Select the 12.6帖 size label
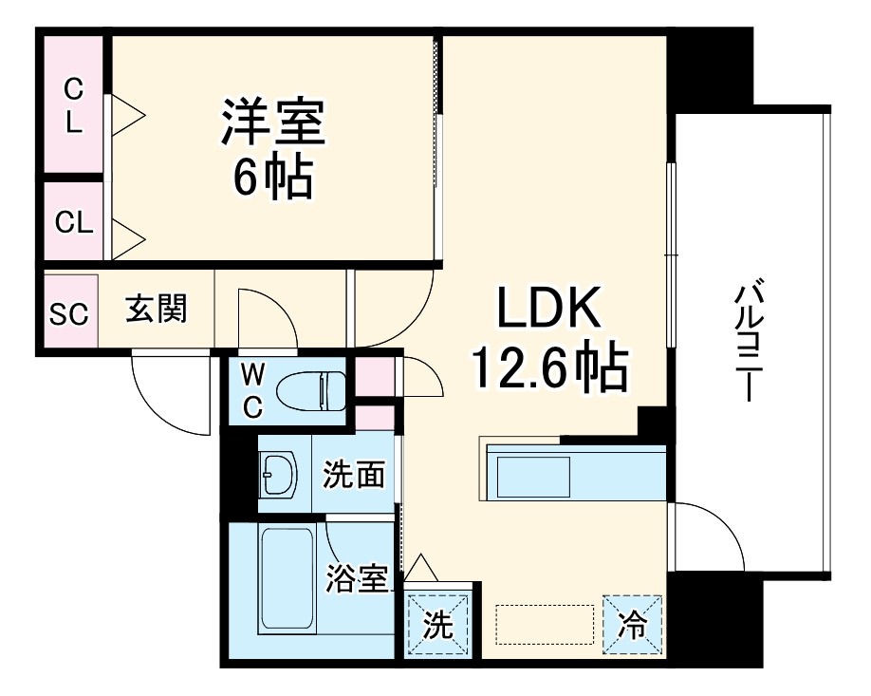pos(551,367)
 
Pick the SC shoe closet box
pos(68,312)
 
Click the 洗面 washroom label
pos(354,475)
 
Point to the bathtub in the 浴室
pos(286,579)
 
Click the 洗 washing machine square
pos(436,623)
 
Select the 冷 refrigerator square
pos(631,623)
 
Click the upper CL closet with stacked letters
pos(74,104)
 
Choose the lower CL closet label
pos(73,223)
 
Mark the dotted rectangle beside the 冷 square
pos(537,623)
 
